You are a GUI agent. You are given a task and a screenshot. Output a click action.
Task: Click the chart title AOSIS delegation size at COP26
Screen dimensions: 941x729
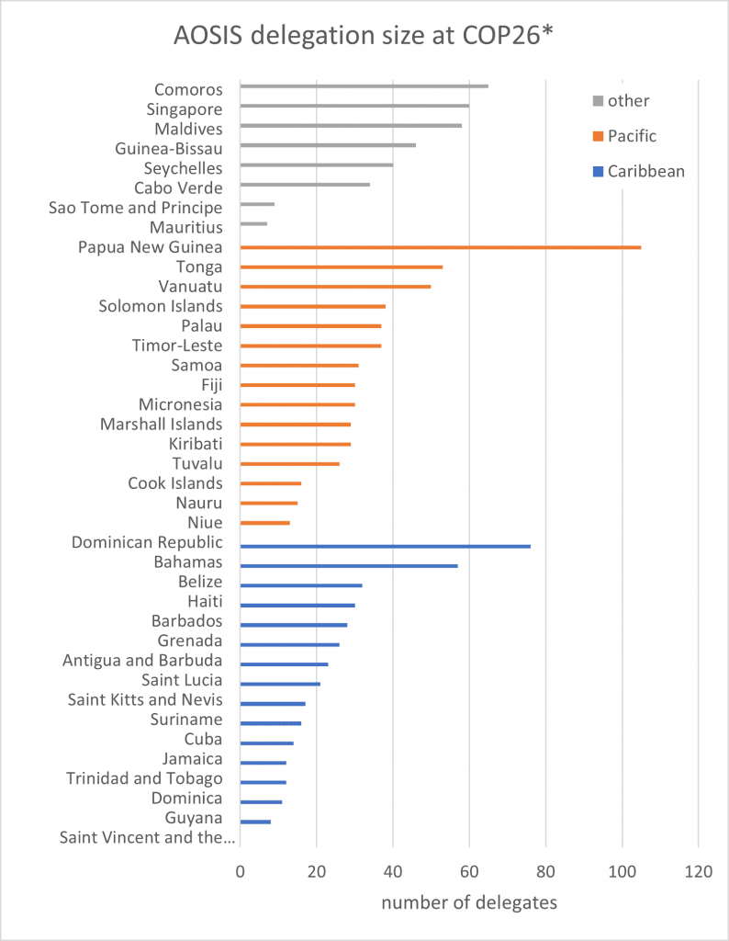tap(364, 38)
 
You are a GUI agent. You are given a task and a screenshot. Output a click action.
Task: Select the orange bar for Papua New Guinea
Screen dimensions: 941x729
tap(441, 247)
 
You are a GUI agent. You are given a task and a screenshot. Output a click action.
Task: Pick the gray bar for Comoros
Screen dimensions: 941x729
tap(364, 86)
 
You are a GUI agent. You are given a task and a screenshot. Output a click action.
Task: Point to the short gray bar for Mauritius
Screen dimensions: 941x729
tap(253, 223)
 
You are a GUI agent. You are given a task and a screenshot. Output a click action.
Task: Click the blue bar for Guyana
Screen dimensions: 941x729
tap(255, 822)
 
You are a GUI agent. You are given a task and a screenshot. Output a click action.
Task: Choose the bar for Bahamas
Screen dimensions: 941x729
tap(348, 566)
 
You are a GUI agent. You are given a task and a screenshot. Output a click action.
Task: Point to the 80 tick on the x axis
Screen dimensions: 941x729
tap(545, 869)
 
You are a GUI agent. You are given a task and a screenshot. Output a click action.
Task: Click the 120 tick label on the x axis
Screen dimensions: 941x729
tap(699, 869)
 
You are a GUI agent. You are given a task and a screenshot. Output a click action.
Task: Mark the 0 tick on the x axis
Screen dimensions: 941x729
tap(240, 869)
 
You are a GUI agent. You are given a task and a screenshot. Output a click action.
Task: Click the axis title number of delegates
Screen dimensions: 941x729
tap(468, 902)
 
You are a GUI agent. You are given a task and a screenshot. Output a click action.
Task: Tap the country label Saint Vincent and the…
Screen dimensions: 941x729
tap(147, 837)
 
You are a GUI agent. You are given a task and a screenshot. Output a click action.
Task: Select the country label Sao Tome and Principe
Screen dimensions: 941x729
tap(136, 208)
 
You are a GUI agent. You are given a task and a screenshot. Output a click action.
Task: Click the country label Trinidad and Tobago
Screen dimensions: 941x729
tap(144, 778)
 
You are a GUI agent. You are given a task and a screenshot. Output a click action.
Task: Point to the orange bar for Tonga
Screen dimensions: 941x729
tap(341, 267)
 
